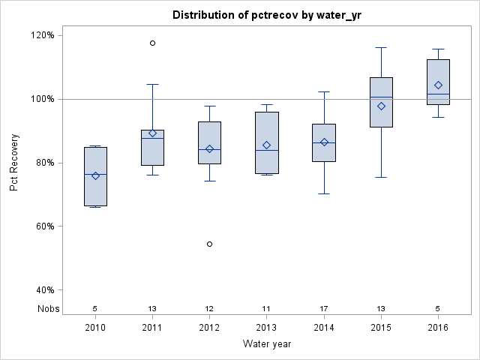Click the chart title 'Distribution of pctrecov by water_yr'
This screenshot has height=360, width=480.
[x=266, y=15]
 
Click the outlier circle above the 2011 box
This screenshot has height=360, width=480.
[x=152, y=43]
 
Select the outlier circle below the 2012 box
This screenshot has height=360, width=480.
[x=209, y=244]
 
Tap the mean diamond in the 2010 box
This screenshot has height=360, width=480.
[x=95, y=175]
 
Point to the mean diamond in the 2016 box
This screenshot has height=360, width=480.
[x=438, y=85]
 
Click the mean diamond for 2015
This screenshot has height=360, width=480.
[x=381, y=106]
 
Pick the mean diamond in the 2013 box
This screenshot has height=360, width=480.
[x=266, y=145]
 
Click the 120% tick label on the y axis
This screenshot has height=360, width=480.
[x=41, y=35]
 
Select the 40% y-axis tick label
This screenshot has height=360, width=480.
[x=43, y=290]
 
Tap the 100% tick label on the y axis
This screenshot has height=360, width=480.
[x=41, y=99]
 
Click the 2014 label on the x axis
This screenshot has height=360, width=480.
[x=324, y=328]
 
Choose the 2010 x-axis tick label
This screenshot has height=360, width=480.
[x=95, y=328]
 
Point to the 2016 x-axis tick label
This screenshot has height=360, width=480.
[x=438, y=328]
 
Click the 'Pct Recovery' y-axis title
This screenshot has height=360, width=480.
[x=14, y=162]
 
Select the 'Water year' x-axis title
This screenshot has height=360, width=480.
[x=266, y=344]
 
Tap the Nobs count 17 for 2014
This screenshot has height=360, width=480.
[x=324, y=308]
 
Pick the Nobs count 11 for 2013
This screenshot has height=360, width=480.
[x=266, y=308]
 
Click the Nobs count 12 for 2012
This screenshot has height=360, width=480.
[x=209, y=308]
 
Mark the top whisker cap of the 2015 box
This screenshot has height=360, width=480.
[x=381, y=47]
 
